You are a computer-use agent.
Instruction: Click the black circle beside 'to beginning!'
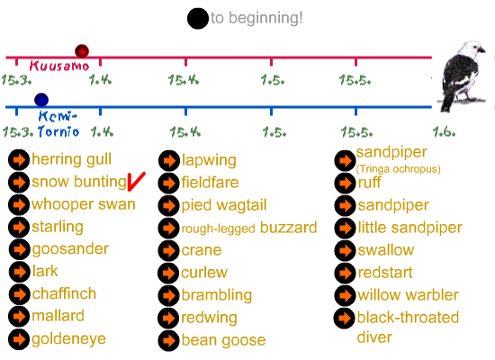198,19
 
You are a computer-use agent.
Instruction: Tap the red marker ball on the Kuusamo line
82,51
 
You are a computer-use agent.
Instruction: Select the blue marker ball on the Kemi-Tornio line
41,100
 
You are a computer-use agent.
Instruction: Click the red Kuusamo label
59,66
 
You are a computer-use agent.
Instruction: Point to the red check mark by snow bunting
136,182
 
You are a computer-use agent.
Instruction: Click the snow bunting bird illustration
462,76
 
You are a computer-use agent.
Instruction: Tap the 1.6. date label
445,131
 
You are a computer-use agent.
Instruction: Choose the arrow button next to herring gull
19,160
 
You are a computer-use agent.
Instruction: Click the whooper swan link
84,204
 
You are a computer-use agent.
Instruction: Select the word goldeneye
68,339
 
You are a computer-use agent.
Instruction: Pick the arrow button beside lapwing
169,161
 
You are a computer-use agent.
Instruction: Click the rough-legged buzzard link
249,228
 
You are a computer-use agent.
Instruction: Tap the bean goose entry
223,340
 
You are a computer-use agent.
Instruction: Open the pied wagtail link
224,205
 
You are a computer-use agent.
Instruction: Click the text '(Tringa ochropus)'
399,169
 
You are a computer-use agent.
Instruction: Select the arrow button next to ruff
345,184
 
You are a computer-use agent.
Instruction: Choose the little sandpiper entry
409,228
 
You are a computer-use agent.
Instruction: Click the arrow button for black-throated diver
345,318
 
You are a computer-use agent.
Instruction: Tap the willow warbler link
409,295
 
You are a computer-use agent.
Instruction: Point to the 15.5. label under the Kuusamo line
355,80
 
